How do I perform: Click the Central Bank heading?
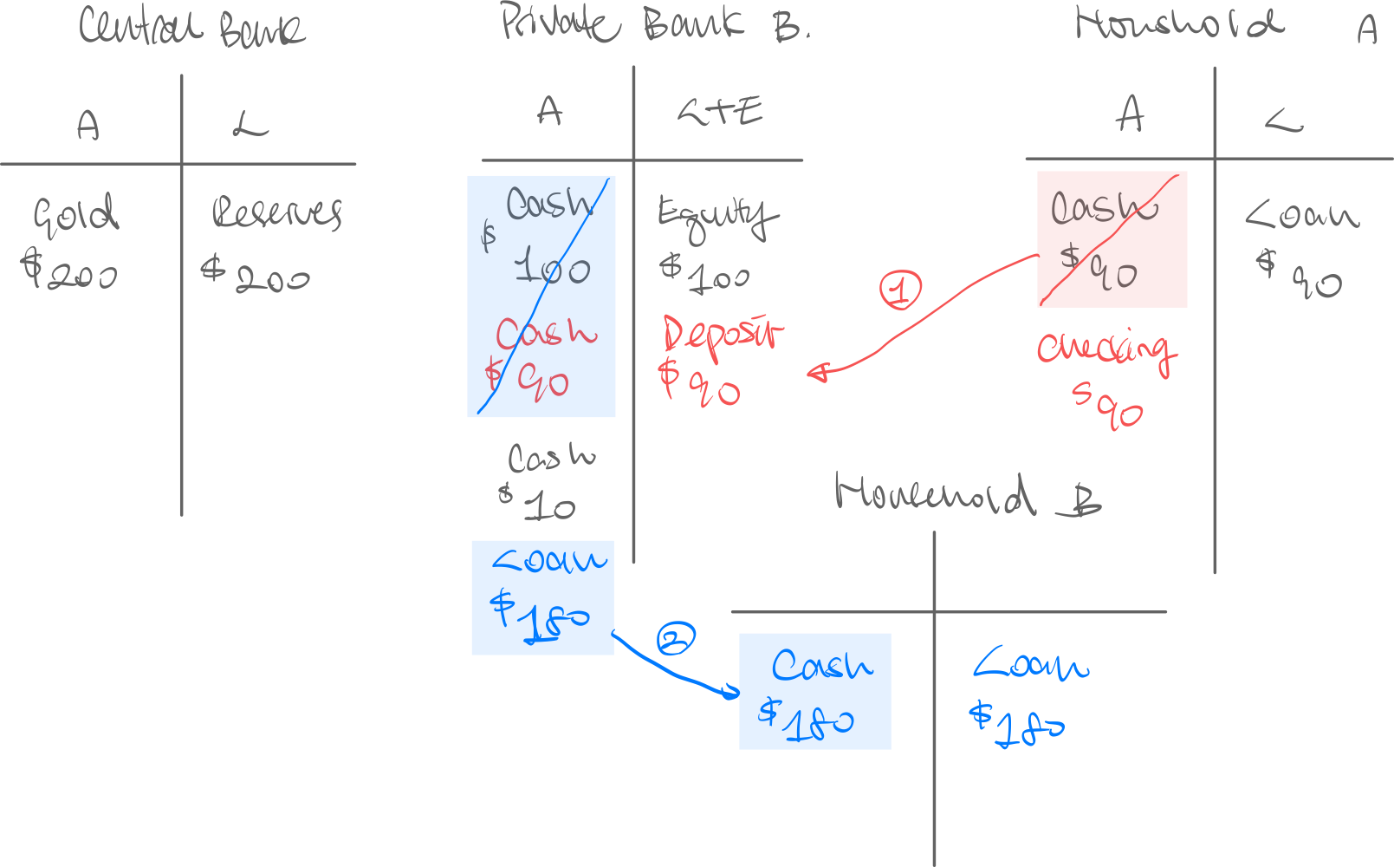tap(191, 27)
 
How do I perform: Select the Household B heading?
tap(966, 495)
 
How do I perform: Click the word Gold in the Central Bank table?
tap(75, 214)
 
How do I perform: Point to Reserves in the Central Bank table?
tap(277, 213)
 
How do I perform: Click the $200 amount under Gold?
tap(70, 271)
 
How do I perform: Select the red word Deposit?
tap(722, 335)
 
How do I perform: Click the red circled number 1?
tap(901, 290)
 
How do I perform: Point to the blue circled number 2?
tap(676, 639)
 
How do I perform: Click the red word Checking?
tap(1106, 349)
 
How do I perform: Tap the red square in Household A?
tap(1112, 239)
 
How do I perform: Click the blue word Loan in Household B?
tap(1030, 665)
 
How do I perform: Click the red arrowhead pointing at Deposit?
tap(815, 373)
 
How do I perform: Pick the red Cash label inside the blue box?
tap(546, 334)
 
